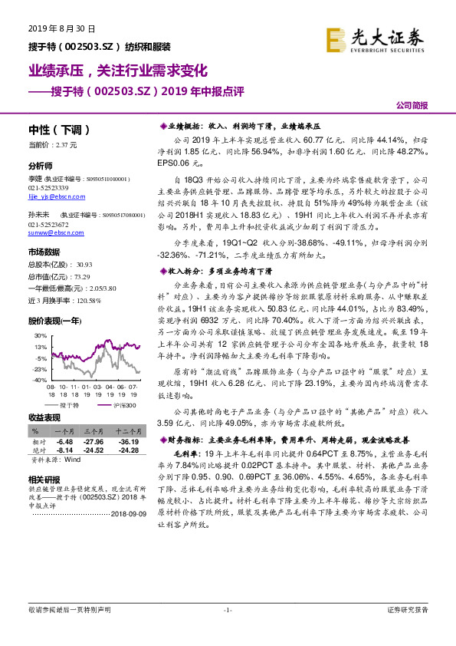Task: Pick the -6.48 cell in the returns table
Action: pos(64,442)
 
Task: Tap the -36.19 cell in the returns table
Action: pos(129,442)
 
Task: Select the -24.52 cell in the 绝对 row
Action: pos(95,450)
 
